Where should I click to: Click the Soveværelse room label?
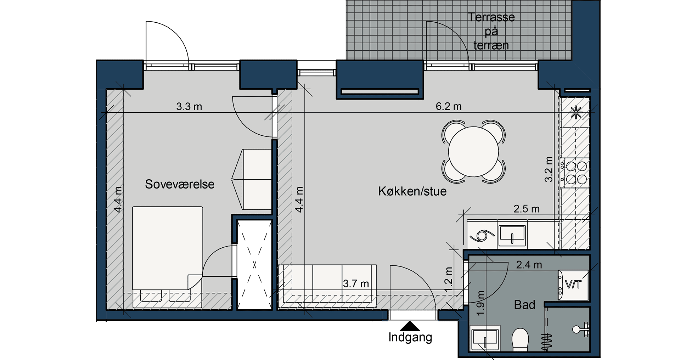click(180, 184)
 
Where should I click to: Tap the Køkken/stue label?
click(412, 191)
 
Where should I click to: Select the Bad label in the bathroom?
click(524, 305)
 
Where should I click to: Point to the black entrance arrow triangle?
click(410, 326)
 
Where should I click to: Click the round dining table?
click(473, 152)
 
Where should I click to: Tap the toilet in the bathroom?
click(520, 339)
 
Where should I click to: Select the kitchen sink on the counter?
click(512, 235)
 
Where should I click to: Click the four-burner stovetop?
click(576, 173)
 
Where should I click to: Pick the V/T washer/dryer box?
click(573, 285)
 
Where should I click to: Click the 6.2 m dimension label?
click(449, 106)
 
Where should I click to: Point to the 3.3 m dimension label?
click(189, 106)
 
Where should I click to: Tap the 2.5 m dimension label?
click(527, 209)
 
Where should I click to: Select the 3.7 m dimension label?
click(356, 284)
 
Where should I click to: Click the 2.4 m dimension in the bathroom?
click(529, 265)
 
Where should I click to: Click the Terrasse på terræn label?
click(491, 31)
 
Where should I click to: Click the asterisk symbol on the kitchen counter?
click(575, 112)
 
